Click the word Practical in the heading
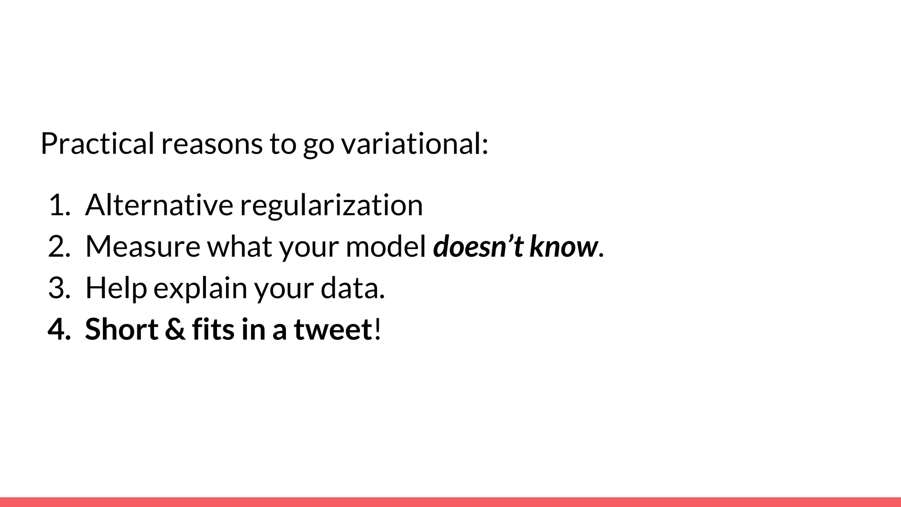[97, 143]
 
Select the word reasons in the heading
[212, 144]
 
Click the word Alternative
[159, 205]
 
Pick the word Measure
[143, 246]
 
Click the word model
[386, 246]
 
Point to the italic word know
[564, 246]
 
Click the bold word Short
[121, 329]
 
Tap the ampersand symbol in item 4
[175, 329]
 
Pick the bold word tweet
[333, 329]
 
